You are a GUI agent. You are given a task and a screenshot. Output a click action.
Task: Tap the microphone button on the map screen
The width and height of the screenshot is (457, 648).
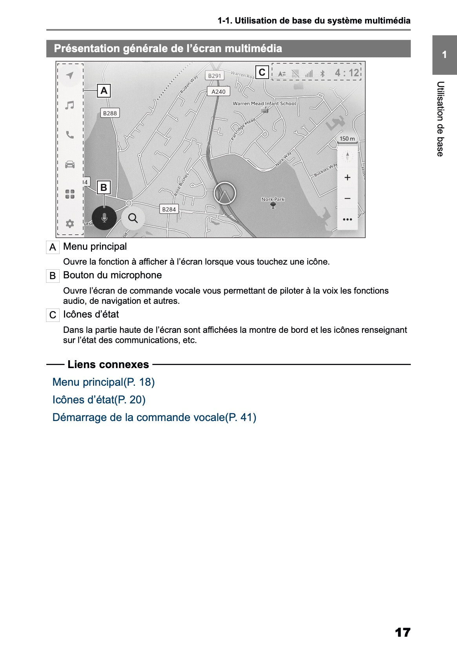point(104,218)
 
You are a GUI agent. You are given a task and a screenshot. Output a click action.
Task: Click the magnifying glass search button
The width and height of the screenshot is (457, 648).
point(133,218)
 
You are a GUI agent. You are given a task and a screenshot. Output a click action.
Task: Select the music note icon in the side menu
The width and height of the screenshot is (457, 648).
point(70,105)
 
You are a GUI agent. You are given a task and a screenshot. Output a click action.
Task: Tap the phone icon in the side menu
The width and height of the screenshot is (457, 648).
point(70,135)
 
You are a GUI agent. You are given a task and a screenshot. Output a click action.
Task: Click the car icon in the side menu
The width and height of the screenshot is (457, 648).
point(70,164)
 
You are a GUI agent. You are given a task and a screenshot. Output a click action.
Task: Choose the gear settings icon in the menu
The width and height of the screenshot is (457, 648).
point(70,223)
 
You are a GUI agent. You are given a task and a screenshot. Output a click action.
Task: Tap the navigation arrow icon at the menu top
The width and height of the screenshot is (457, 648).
point(70,75)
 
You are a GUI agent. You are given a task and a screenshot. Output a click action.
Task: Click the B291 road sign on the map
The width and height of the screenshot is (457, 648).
point(215,76)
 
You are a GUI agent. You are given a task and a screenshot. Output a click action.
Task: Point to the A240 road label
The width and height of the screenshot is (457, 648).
point(218,91)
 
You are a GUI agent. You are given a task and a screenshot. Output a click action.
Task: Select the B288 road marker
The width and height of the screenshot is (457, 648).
point(110,113)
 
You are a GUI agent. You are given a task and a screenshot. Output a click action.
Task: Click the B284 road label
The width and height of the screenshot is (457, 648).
point(169,209)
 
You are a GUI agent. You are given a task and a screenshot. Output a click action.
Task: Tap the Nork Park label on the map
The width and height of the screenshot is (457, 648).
point(273,199)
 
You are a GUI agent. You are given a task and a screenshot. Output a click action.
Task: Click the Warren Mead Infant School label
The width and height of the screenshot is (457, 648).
point(264,103)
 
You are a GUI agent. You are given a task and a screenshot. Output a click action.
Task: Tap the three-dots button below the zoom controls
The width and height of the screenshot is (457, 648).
point(347,220)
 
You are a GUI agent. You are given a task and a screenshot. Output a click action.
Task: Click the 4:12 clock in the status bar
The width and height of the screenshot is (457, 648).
point(347,73)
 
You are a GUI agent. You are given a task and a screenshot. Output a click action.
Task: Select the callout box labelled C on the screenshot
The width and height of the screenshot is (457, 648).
point(262,72)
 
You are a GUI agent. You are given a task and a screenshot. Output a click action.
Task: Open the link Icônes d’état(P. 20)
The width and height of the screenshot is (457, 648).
point(99,399)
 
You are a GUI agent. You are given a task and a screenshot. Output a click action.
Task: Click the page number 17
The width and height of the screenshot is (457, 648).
point(402,632)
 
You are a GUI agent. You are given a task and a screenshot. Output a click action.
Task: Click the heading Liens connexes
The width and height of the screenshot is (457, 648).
point(108,364)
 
